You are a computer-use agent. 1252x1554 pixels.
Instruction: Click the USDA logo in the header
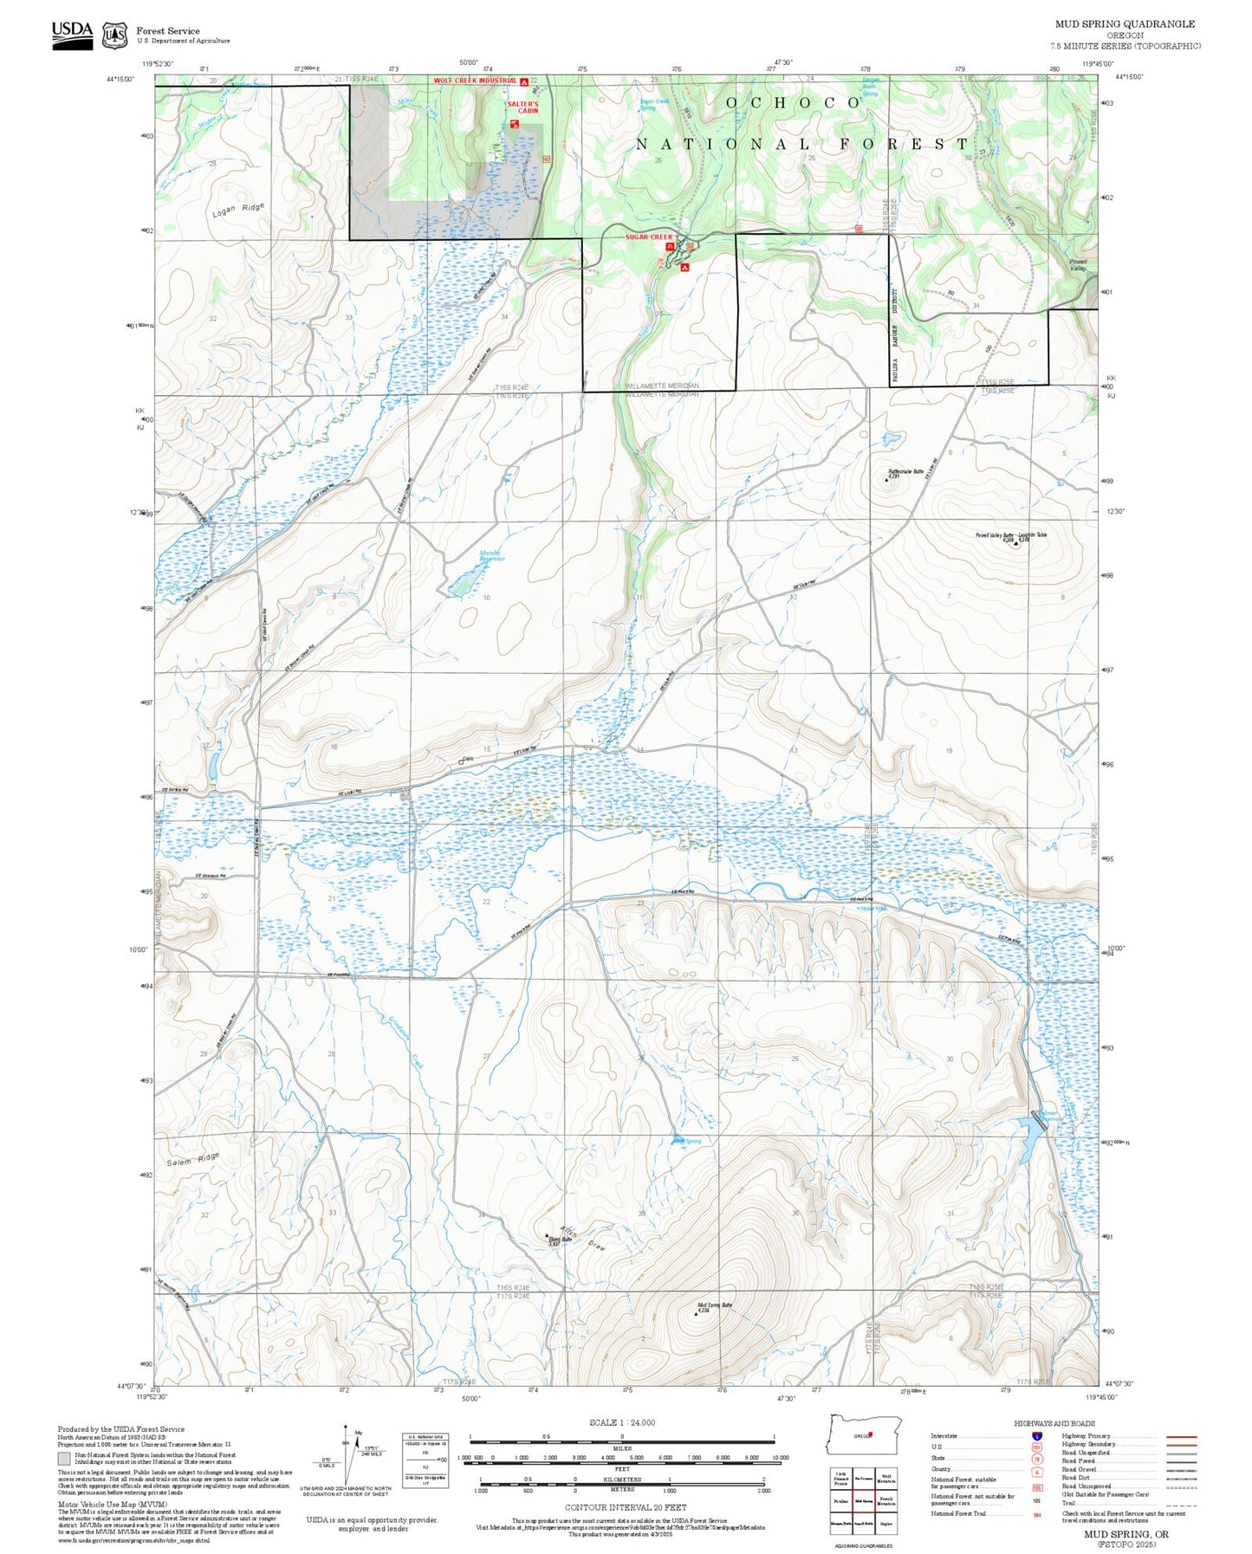pyautogui.click(x=72, y=35)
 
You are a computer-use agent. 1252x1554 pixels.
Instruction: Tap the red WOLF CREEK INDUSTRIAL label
pyautogui.click(x=475, y=81)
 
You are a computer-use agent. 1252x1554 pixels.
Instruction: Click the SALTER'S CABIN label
pyautogui.click(x=522, y=107)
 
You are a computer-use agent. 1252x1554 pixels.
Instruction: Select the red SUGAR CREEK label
pyautogui.click(x=649, y=236)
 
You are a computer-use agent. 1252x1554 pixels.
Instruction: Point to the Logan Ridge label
pyautogui.click(x=238, y=210)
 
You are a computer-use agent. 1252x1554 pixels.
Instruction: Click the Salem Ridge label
pyautogui.click(x=193, y=1159)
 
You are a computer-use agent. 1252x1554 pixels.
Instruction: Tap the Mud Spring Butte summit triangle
pyautogui.click(x=696, y=1313)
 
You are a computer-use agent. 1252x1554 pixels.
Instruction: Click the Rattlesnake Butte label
pyautogui.click(x=906, y=473)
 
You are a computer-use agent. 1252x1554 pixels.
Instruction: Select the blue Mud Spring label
pyautogui.click(x=688, y=1141)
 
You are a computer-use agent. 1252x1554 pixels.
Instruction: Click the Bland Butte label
pyautogui.click(x=560, y=1240)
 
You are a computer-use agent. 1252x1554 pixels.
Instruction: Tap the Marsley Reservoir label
pyautogui.click(x=492, y=556)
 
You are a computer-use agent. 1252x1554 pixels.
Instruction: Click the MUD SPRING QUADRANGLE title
pyautogui.click(x=1124, y=24)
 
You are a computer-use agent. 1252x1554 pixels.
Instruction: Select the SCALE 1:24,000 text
pyautogui.click(x=621, y=1422)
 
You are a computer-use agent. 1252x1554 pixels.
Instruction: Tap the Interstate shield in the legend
pyautogui.click(x=1036, y=1436)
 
